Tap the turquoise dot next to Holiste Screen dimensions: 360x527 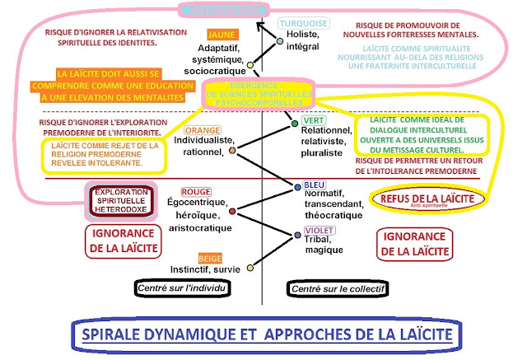[x=280, y=40]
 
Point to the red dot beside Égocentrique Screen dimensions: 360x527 [x=233, y=212]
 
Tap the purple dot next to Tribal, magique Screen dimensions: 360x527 [x=297, y=236]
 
